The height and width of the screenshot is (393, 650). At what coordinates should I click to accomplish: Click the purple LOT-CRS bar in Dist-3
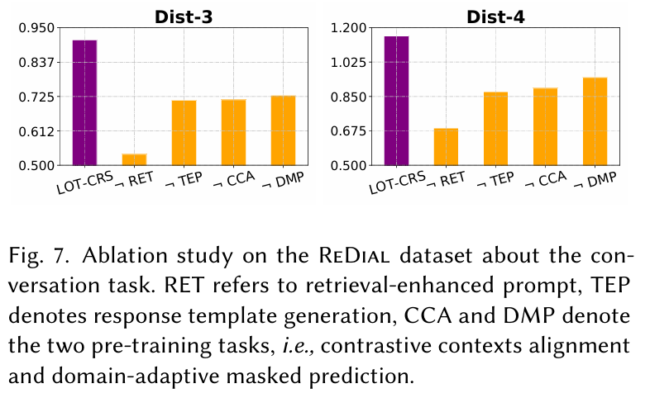[x=85, y=102]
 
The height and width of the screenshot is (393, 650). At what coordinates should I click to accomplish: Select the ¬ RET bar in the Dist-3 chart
[x=134, y=159]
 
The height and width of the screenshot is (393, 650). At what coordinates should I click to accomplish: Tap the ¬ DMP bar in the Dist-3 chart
[x=283, y=130]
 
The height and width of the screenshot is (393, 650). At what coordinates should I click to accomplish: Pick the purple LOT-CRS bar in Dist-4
[x=397, y=101]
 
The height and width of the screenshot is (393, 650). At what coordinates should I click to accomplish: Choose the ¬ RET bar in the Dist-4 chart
[x=446, y=147]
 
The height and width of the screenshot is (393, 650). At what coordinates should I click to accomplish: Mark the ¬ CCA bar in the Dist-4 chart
[x=545, y=126]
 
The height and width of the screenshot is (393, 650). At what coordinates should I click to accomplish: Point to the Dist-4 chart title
[x=495, y=15]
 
